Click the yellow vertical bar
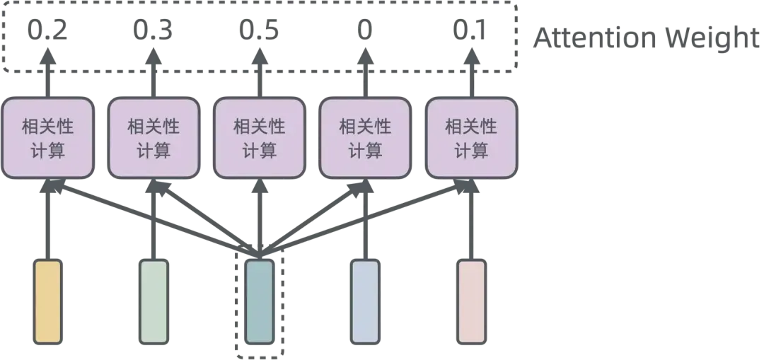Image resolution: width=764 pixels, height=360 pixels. [47, 301]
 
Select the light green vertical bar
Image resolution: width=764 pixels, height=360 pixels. [154, 301]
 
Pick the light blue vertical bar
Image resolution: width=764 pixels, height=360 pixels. [365, 301]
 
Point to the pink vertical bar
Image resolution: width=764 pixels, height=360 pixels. [472, 301]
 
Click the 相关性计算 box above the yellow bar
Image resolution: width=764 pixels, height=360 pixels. [47, 138]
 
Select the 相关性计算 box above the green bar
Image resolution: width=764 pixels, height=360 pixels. [154, 138]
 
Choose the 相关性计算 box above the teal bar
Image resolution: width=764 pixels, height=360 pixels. [260, 138]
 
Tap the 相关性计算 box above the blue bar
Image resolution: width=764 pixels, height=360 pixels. [365, 138]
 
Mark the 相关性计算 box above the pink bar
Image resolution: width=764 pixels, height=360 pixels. [472, 138]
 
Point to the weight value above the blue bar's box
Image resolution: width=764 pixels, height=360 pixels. [365, 30]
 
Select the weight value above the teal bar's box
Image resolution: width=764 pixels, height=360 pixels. [260, 30]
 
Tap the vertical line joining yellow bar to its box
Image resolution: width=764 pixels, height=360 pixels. [47, 219]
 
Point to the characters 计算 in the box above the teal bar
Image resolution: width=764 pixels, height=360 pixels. [260, 151]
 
